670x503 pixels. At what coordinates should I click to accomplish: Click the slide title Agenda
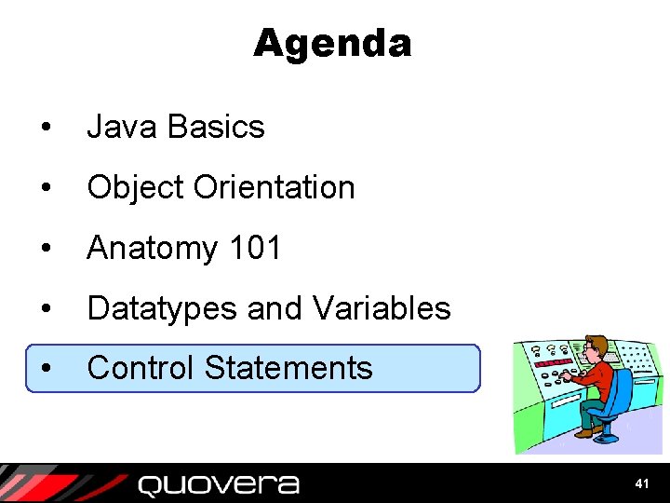click(331, 44)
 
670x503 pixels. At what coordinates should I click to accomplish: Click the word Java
click(119, 127)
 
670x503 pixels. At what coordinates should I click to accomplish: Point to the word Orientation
click(275, 187)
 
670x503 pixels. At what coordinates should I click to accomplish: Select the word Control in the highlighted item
click(141, 368)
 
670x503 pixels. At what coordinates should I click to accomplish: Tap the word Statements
click(288, 368)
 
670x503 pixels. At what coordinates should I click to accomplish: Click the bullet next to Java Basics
click(46, 128)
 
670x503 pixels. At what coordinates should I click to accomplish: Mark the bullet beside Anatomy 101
click(46, 249)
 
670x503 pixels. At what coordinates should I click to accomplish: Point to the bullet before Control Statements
click(46, 369)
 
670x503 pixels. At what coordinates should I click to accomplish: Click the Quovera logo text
click(219, 484)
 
